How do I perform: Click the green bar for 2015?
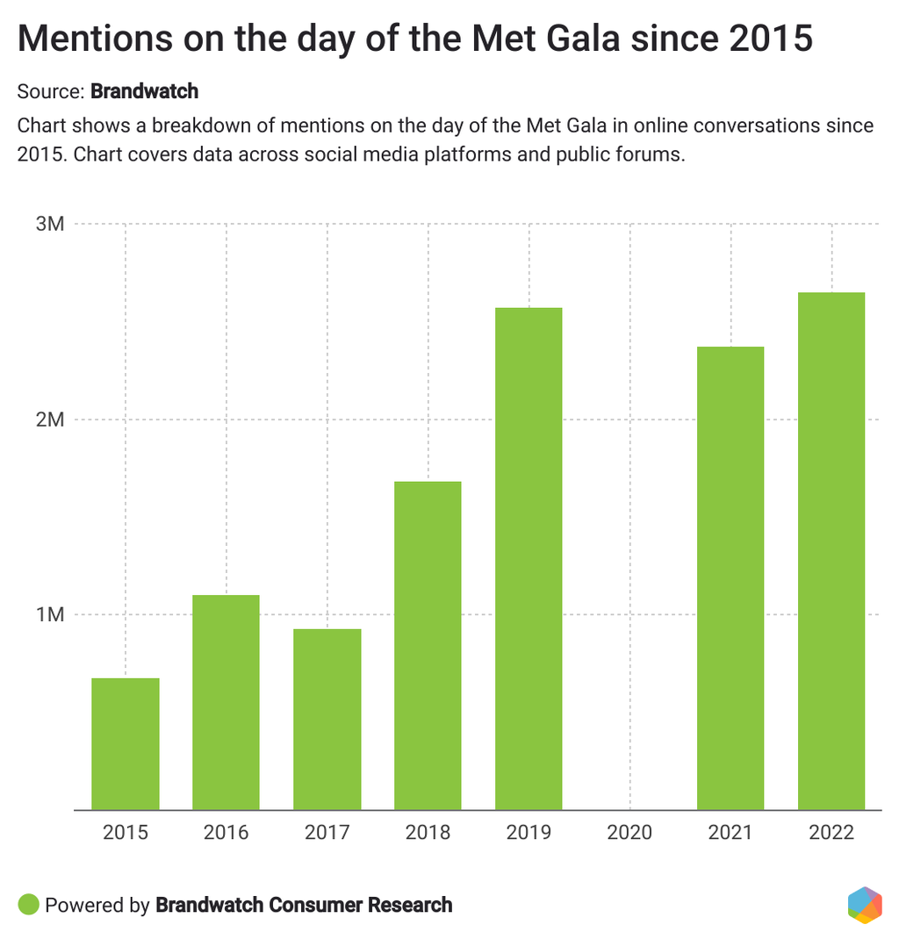tap(126, 743)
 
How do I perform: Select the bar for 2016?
tap(227, 702)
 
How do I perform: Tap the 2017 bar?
tap(327, 719)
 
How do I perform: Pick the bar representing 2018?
tap(428, 645)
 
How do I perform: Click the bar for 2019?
tap(529, 558)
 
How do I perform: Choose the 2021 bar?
tap(730, 577)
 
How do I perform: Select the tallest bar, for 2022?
tap(831, 550)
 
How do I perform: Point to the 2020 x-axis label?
tap(629, 832)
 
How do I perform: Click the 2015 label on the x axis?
tap(126, 832)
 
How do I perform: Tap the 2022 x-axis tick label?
tap(831, 832)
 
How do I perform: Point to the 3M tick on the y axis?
tap(50, 224)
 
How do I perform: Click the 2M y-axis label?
tap(50, 419)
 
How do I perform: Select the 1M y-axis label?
tap(50, 615)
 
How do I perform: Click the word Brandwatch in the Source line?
tap(144, 91)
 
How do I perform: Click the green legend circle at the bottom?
tap(29, 905)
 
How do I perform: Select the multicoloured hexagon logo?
tap(865, 906)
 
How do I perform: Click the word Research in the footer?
tap(411, 905)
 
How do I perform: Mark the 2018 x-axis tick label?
tap(428, 832)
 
